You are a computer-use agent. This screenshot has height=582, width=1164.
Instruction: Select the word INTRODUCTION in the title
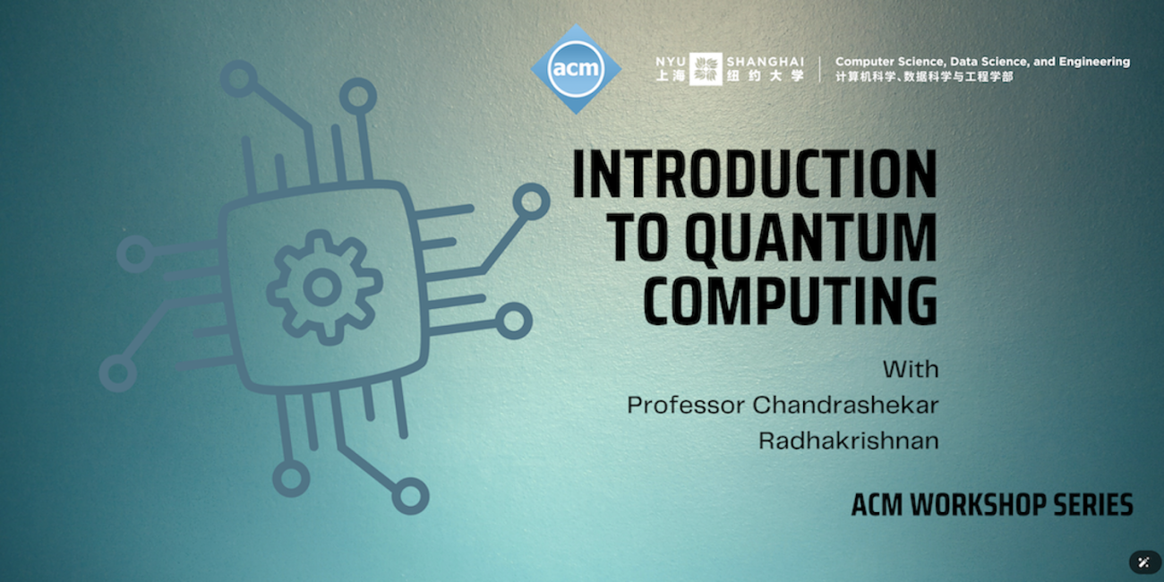point(754,175)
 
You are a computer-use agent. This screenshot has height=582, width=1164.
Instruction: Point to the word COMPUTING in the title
point(791,302)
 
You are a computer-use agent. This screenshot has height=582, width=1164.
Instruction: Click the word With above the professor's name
point(911,369)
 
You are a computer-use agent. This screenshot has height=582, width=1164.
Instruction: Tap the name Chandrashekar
point(845,405)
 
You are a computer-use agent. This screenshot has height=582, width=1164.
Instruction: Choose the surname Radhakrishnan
point(848,441)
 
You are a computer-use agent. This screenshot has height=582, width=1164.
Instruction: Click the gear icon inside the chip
point(319,287)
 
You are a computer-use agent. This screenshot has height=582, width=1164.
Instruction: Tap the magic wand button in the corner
point(1143,561)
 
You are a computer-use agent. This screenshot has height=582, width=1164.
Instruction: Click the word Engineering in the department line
point(1094,62)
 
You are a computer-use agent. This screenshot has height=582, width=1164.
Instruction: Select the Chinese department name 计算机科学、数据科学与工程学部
point(924,77)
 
